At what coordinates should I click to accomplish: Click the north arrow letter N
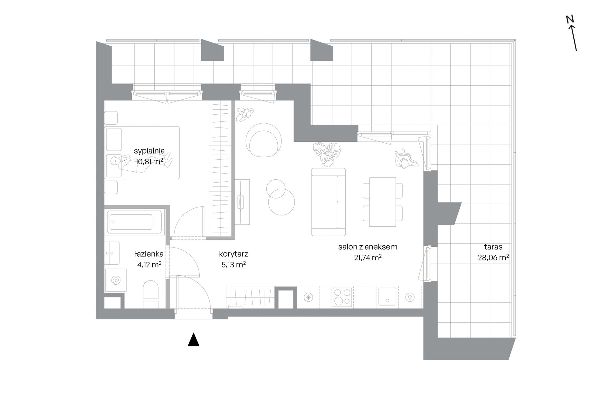(x=570, y=19)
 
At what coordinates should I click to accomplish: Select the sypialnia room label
(x=149, y=150)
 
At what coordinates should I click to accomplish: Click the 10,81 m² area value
(x=149, y=161)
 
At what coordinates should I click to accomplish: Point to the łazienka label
(x=149, y=254)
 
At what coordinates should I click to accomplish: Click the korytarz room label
(x=234, y=254)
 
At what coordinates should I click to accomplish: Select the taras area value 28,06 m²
(x=493, y=257)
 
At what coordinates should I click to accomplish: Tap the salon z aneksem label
(x=368, y=247)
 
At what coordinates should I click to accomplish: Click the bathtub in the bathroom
(x=135, y=222)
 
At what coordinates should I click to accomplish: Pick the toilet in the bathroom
(x=150, y=294)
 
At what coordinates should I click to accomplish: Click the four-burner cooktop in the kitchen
(x=342, y=297)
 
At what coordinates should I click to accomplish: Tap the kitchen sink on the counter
(x=387, y=296)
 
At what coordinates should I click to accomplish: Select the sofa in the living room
(x=329, y=202)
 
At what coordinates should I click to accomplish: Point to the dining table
(x=382, y=202)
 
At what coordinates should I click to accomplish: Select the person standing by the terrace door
(x=405, y=159)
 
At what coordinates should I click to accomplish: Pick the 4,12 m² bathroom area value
(x=149, y=264)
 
